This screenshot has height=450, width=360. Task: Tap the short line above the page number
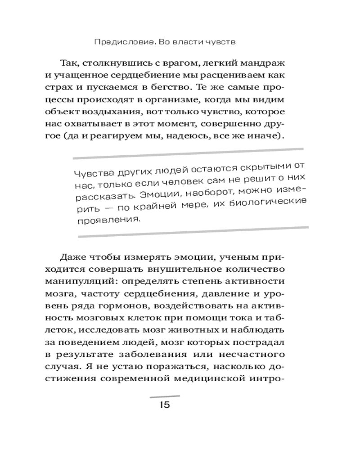click(164, 395)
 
